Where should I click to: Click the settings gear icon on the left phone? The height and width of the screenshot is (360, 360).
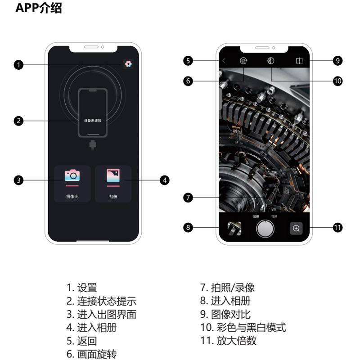pos(128,64)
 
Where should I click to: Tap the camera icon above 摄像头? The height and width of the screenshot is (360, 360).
pos(72,175)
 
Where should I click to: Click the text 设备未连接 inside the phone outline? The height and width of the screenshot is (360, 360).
pos(93,121)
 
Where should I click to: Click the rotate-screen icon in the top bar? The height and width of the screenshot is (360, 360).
pos(243,61)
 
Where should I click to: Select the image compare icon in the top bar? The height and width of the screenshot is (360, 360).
pos(300,61)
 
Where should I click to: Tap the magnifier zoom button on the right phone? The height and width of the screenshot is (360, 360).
pos(296,228)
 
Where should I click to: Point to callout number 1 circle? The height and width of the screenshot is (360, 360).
pos(18,65)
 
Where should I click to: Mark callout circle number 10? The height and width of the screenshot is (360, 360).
pos(337,81)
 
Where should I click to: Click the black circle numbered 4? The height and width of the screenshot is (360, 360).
pos(165,180)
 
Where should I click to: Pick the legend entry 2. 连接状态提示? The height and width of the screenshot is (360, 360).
pos(101,301)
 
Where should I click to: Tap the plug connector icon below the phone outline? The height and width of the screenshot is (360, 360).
pos(93,145)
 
